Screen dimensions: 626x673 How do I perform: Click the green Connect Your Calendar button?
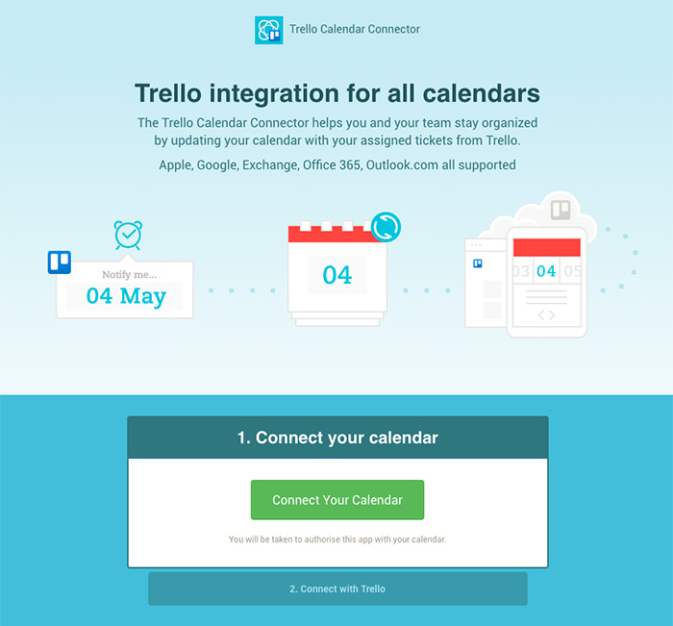[336, 500]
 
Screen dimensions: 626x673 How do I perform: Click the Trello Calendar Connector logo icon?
[268, 30]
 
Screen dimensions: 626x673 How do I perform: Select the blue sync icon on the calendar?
[385, 228]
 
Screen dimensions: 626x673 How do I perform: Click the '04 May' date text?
[126, 296]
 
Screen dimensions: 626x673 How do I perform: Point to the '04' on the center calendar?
[336, 275]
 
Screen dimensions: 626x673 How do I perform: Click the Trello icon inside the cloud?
[560, 209]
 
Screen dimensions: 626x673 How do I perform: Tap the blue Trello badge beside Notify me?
[60, 262]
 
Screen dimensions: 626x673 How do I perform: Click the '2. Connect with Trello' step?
[336, 588]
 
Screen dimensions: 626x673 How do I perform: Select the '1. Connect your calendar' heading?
[336, 438]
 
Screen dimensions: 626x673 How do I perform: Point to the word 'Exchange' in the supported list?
[268, 165]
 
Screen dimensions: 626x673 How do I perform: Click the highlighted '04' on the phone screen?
[546, 271]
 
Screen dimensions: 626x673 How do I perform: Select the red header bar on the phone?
[546, 247]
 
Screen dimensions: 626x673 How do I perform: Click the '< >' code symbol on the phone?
[546, 314]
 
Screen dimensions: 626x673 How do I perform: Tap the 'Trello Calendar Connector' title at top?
[355, 30]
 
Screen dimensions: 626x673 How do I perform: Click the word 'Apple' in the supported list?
[175, 165]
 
